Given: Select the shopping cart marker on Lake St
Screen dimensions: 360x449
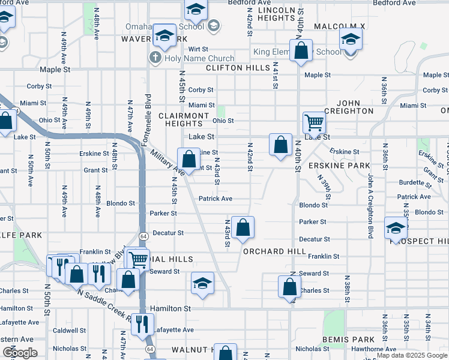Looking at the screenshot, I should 314,123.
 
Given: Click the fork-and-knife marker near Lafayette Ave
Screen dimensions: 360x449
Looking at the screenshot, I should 142,325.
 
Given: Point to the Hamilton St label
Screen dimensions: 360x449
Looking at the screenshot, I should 170,308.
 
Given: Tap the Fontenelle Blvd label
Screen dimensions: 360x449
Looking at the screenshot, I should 148,119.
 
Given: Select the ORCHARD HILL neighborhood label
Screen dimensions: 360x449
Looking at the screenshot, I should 270,251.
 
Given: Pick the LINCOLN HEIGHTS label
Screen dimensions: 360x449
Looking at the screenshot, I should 276,14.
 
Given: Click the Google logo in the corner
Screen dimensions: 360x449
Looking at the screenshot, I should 20,353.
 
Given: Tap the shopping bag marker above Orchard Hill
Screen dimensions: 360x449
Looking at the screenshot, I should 243,228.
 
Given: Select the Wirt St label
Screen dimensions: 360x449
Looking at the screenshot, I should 198,49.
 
